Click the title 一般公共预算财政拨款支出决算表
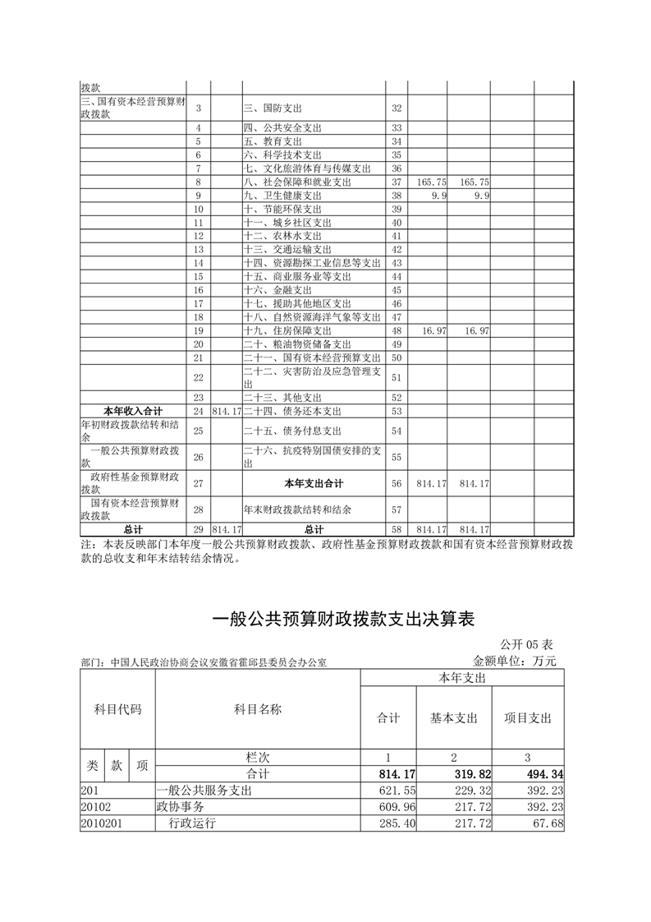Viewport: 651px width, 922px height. point(344,619)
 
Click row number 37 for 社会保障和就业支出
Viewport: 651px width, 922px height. point(397,182)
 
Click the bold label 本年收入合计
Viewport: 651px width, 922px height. point(133,411)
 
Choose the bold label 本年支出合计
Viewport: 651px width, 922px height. point(314,483)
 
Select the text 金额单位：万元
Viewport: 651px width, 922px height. point(515,661)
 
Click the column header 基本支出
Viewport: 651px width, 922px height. point(454,717)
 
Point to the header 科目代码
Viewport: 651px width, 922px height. point(117,709)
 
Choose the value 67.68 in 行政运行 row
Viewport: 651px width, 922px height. point(548,823)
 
